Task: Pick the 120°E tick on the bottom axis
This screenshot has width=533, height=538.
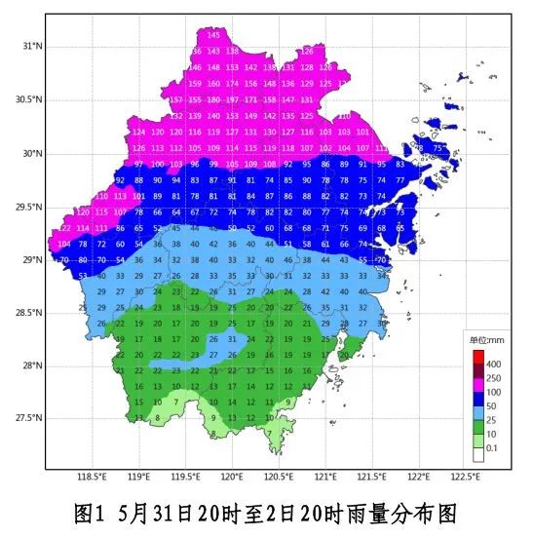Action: click(232, 478)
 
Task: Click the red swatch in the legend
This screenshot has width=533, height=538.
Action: click(478, 357)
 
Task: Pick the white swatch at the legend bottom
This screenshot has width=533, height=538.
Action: click(478, 453)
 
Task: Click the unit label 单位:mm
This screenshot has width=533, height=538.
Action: click(488, 340)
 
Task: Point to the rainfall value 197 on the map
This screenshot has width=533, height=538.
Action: click(232, 99)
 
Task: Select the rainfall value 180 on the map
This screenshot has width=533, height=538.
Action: click(213, 99)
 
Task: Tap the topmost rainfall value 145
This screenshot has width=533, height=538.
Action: click(213, 35)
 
